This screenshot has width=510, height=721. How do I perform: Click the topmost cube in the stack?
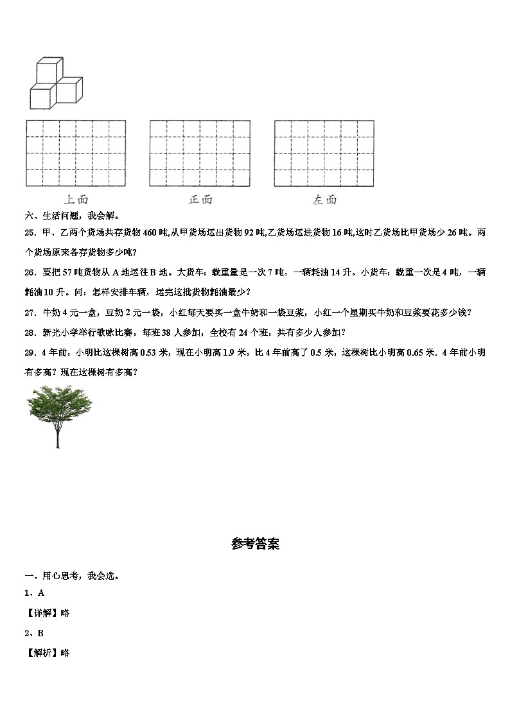[x=49, y=70]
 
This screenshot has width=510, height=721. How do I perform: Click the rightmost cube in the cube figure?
[x=70, y=89]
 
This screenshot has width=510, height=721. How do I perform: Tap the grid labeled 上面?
[x=76, y=153]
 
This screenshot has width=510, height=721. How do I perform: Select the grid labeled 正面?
[x=200, y=153]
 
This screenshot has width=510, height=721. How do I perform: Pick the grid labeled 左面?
[x=324, y=153]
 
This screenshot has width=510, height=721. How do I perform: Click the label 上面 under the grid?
[x=76, y=200]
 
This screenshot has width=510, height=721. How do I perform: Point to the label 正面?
[x=200, y=200]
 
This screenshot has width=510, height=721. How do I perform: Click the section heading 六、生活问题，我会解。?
[x=71, y=216]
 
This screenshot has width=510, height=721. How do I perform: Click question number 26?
[x=30, y=273]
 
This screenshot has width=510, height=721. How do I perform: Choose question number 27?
[x=30, y=313]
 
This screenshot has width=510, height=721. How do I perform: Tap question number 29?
[x=30, y=352]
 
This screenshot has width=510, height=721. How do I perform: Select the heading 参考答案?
[x=255, y=544]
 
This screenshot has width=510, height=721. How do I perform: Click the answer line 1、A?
[x=34, y=593]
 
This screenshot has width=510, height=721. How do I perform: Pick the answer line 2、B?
[x=34, y=633]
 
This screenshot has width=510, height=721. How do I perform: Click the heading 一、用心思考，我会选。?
[x=71, y=576]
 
